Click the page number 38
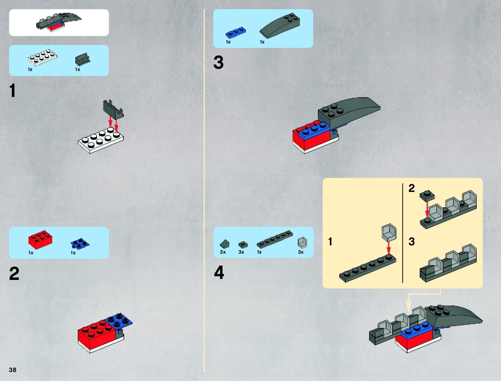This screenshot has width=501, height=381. point(12,369)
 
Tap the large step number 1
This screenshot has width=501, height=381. point(12,90)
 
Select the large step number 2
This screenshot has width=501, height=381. point(14,273)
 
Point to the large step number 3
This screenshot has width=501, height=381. point(218,62)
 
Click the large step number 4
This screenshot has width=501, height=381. point(219,272)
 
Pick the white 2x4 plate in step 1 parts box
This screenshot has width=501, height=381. point(43,57)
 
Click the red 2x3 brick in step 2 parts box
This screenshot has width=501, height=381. point(40,240)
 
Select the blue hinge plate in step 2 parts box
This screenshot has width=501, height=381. point(80,243)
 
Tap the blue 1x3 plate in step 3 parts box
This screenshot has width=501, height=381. point(236,32)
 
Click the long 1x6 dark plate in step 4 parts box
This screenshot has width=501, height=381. point(275,239)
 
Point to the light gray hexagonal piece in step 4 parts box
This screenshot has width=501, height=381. point(303,242)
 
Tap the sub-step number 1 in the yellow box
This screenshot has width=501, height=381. point(330,242)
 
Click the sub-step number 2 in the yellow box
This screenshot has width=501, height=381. point(412,188)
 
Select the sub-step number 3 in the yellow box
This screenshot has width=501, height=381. point(412,242)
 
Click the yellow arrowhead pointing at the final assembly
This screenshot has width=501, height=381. point(408,306)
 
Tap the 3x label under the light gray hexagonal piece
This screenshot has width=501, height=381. point(301,252)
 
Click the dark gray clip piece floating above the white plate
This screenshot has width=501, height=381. point(113,110)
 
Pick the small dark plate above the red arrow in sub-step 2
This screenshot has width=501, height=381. point(427,196)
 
